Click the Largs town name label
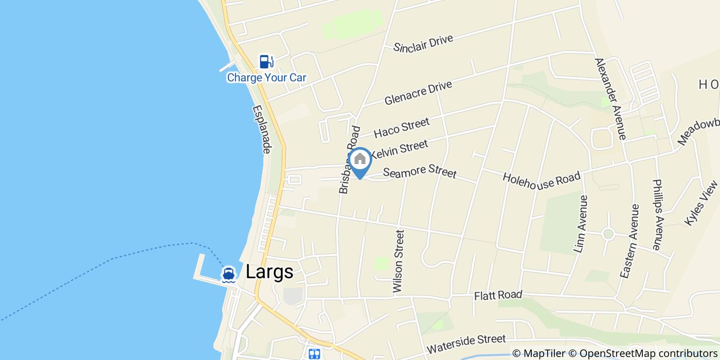coord(269,272)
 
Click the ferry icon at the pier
coord(229,274)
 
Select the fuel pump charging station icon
coord(266,62)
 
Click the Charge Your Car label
coord(266,78)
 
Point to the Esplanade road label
coord(262,130)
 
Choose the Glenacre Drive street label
coord(418,93)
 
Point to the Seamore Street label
coord(420,170)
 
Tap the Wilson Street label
coord(399,262)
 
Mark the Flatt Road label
coord(498,295)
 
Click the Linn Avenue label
coord(580,224)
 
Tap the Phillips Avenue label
coord(657,214)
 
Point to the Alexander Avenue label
coord(610,99)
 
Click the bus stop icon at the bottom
coord(314,354)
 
